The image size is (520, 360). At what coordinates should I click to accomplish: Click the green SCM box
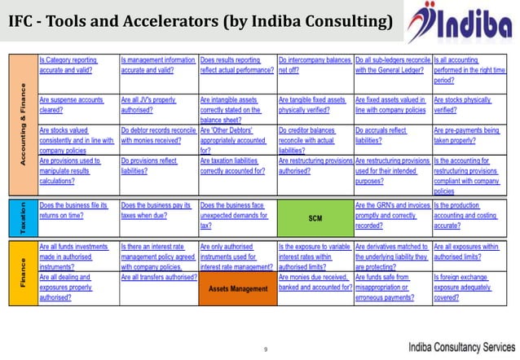[x=315, y=217]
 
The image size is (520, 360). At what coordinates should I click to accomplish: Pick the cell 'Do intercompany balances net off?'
[x=315, y=65]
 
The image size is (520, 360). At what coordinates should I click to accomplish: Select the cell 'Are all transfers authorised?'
[x=158, y=278]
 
